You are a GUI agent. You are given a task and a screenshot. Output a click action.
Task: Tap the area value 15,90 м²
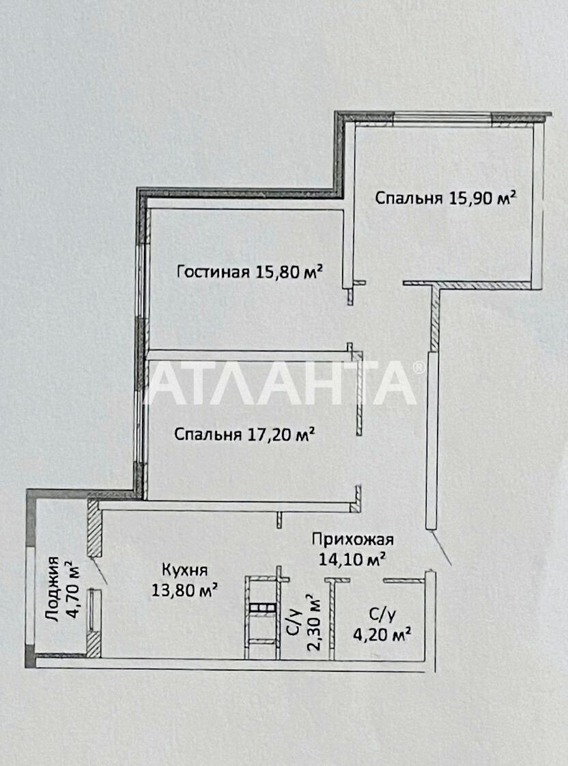click(x=482, y=198)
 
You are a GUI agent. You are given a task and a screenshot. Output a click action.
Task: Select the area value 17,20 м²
click(x=279, y=434)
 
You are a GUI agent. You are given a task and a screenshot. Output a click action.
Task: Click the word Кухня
click(x=185, y=570)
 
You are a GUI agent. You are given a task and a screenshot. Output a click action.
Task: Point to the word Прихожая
click(x=353, y=540)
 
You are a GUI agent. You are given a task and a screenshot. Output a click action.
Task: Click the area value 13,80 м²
click(x=185, y=589)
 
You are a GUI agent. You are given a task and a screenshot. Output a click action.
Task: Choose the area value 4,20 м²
click(x=382, y=634)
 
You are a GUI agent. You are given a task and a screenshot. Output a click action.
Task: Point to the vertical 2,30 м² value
click(x=314, y=623)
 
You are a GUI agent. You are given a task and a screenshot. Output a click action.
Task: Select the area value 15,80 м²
click(x=289, y=271)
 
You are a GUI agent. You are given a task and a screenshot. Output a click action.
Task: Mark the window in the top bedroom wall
click(x=442, y=117)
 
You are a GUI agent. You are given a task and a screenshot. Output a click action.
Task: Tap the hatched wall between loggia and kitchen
click(x=94, y=527)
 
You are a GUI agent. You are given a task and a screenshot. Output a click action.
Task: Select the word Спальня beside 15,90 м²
click(x=409, y=198)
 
